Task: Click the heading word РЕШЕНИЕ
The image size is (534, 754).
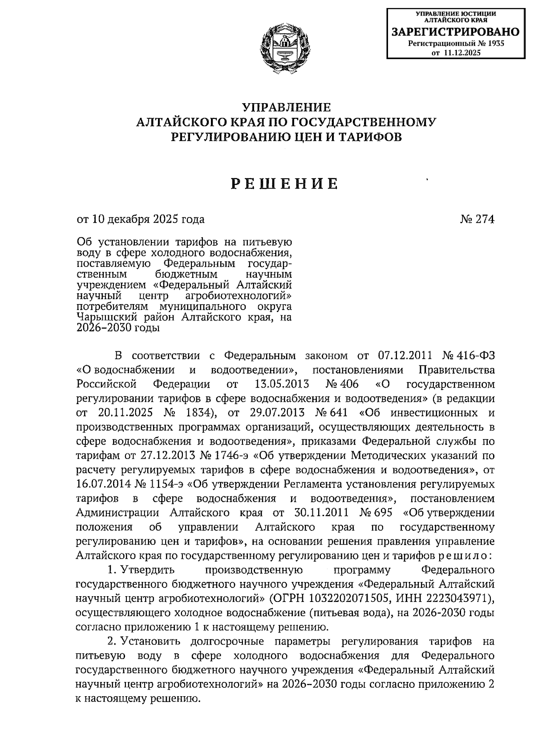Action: pyautogui.click(x=285, y=183)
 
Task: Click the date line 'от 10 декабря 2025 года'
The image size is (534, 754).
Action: pyautogui.click(x=141, y=219)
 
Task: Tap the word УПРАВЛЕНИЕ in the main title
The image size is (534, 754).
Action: pyautogui.click(x=286, y=107)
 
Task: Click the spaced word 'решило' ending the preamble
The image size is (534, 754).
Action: pyautogui.click(x=463, y=556)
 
